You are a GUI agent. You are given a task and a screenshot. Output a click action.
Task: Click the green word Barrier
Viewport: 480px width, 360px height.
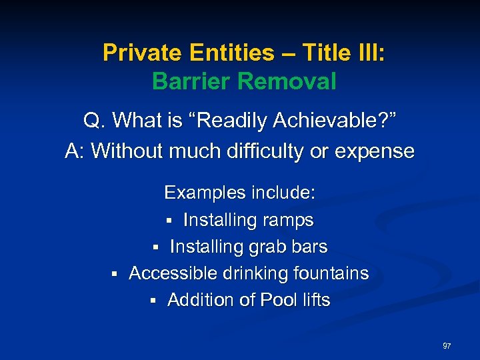191,81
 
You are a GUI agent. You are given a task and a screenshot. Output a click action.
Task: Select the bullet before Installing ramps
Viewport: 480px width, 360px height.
169,221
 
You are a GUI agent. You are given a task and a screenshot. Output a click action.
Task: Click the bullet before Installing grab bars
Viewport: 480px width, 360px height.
155,247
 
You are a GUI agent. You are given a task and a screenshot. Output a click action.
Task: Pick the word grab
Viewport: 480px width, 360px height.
268,247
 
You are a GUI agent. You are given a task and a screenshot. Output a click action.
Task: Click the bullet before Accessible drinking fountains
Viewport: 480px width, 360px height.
114,274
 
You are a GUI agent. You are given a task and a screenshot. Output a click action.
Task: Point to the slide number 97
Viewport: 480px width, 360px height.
447,346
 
